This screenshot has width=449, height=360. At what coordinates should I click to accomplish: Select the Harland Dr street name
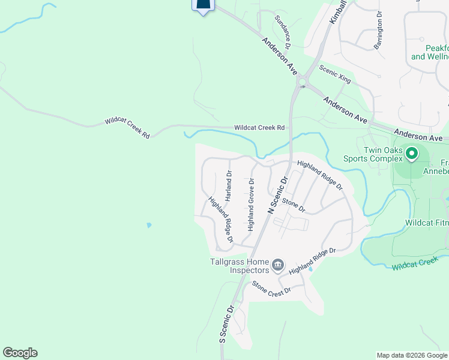(x=229, y=185)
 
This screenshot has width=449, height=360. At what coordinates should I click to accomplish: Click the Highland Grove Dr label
(x=251, y=205)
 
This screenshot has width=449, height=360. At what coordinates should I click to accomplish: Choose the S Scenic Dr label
(x=226, y=324)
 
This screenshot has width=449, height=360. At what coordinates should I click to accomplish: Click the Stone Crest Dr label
(x=271, y=287)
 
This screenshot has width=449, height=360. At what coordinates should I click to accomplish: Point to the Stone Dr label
(x=294, y=206)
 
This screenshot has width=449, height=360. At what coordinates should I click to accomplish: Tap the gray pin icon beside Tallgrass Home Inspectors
(x=278, y=265)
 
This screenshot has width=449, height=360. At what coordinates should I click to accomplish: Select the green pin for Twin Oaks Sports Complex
(x=412, y=154)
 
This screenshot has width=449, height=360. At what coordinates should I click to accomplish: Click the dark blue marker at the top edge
(x=203, y=5)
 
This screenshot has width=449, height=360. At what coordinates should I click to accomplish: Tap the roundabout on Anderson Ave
(x=301, y=82)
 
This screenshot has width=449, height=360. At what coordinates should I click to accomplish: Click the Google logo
(x=20, y=352)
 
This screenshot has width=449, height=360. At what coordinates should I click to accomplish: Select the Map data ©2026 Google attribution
(x=412, y=355)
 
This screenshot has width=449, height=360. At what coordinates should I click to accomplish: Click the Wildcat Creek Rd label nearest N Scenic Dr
(x=259, y=128)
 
